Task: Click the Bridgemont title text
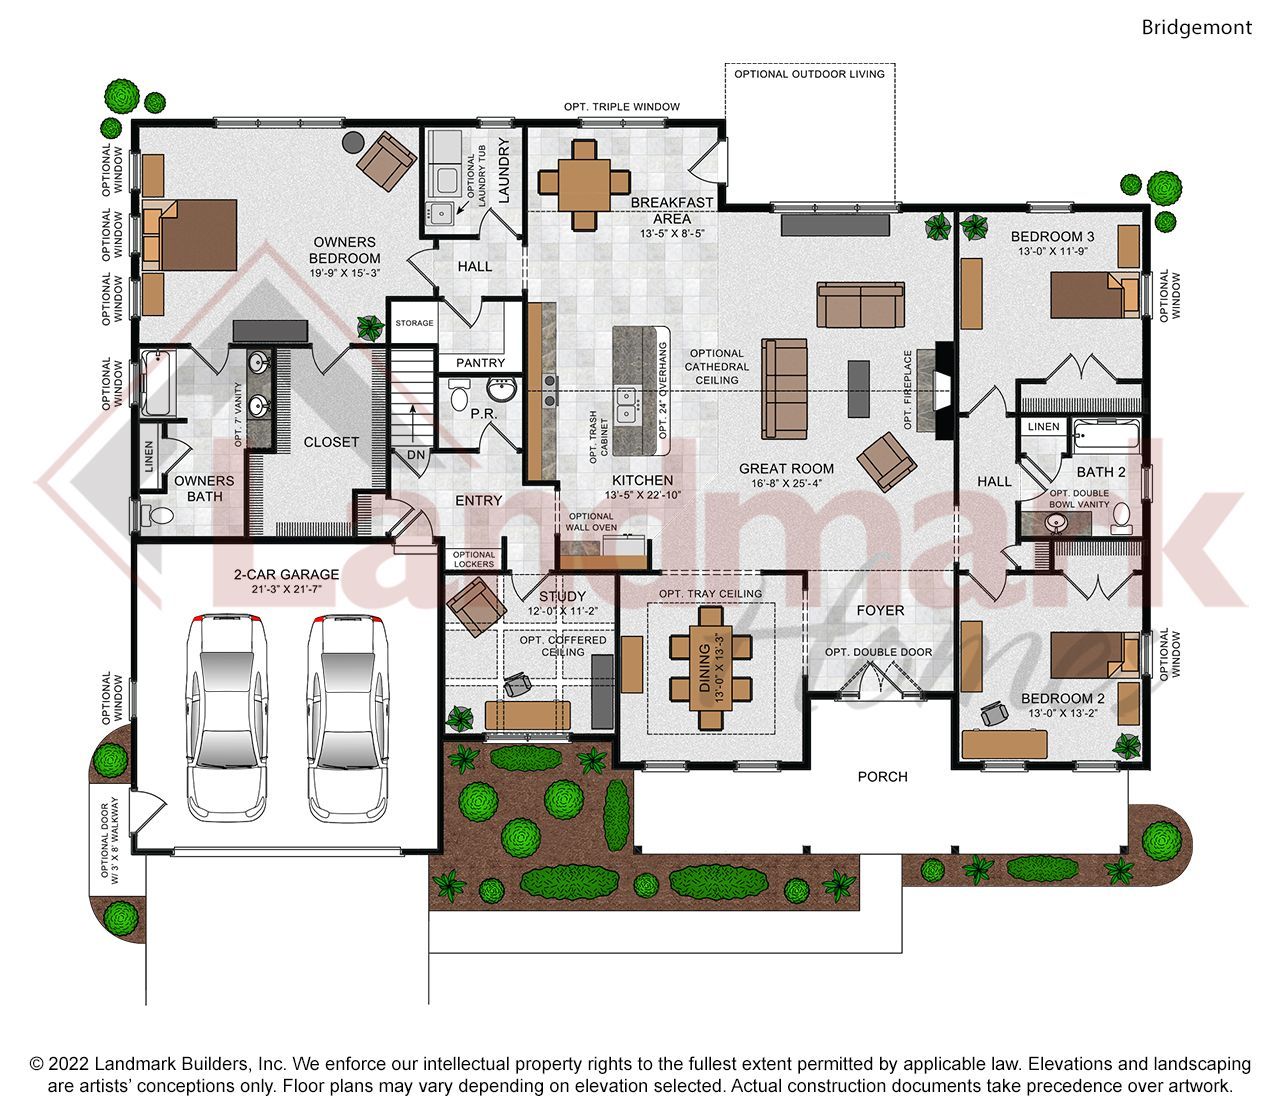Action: pos(1196,28)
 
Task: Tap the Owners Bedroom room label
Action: pos(344,250)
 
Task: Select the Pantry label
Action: pos(481,363)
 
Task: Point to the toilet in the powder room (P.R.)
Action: pos(459,395)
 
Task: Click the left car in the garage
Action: pos(227,718)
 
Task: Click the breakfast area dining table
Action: pos(585,185)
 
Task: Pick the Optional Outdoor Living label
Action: pos(809,74)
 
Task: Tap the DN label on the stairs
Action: pos(416,455)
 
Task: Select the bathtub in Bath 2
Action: pos(1107,438)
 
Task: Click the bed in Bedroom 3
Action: pos(1095,295)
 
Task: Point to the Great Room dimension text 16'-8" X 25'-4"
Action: pos(786,484)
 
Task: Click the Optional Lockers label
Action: pos(474,559)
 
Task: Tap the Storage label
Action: pos(414,323)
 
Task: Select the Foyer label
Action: pos(880,611)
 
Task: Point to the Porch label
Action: pos(882,777)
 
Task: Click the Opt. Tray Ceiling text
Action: pos(710,594)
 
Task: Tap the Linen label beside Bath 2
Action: pos(1043,427)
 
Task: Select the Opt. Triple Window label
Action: pos(622,107)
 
